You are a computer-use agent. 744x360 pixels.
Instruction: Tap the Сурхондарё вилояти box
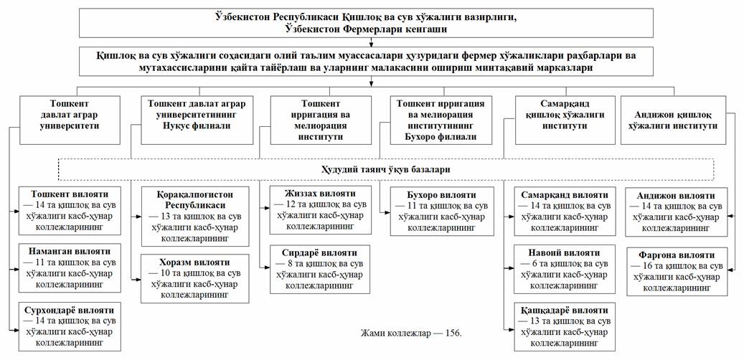tap(70, 326)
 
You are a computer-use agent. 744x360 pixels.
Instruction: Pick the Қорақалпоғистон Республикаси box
tap(195, 216)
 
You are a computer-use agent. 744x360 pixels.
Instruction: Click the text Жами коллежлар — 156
tap(411, 333)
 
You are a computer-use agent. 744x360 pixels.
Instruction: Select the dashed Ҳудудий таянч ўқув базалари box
tap(386, 169)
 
